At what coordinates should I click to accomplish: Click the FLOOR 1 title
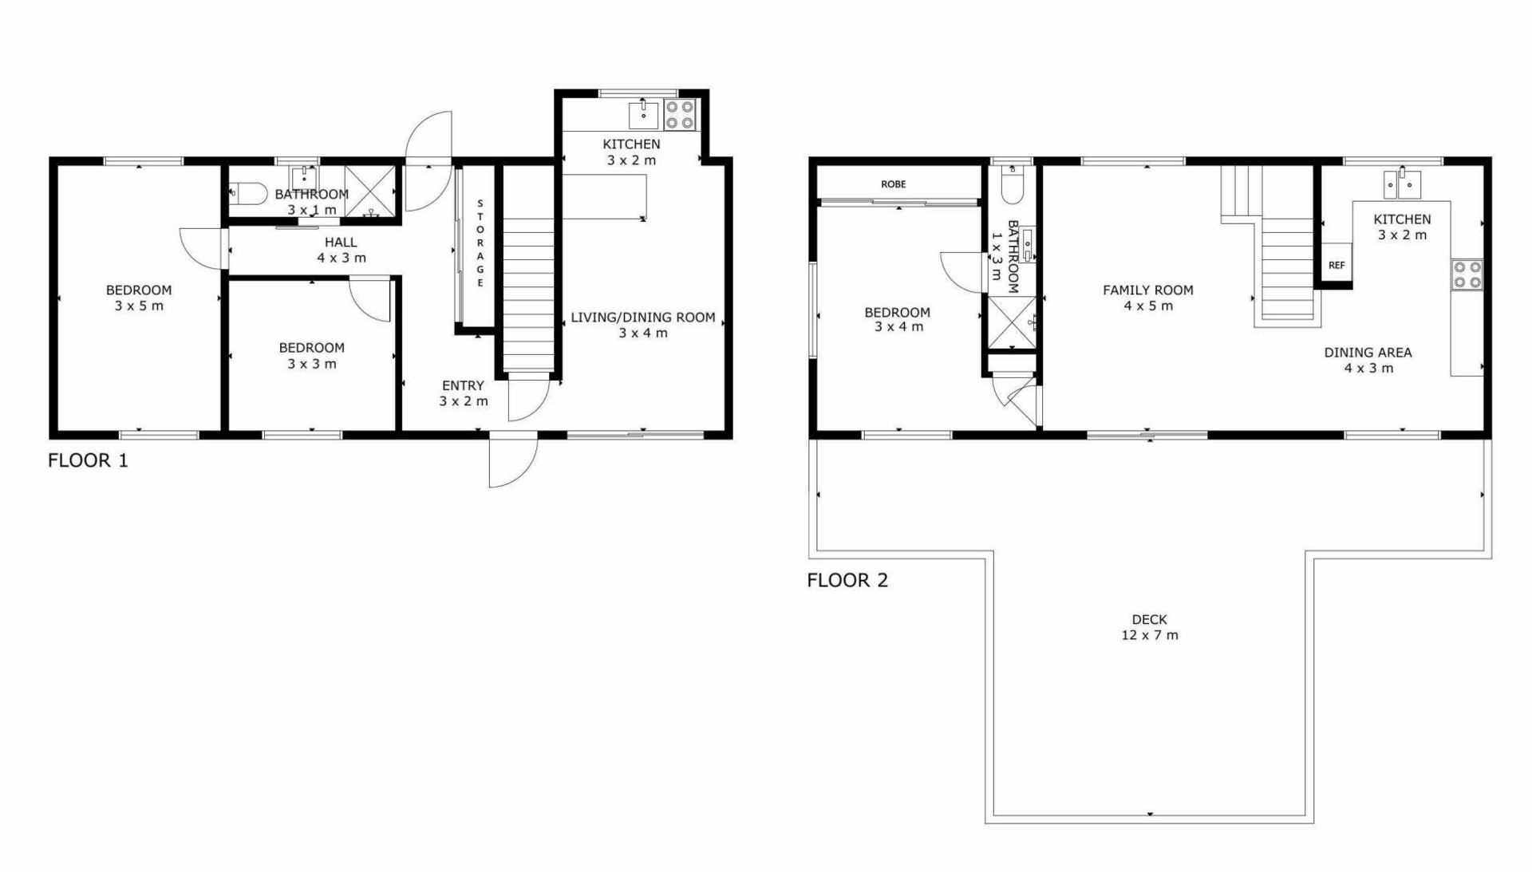point(88,460)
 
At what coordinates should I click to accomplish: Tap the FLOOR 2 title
point(847,580)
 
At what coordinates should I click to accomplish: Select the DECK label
point(1149,619)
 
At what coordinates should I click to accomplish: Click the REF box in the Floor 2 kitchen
point(1337,263)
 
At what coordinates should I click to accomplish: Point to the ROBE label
point(894,184)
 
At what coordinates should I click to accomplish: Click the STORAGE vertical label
point(480,243)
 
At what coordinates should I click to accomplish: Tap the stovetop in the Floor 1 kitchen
point(679,114)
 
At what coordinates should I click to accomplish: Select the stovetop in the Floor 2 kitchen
point(1467,274)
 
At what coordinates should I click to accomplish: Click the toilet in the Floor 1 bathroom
point(248,193)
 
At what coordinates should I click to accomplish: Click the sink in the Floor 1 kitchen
point(643,115)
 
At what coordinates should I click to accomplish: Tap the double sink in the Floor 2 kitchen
point(1402,184)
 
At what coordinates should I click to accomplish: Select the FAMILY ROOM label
point(1148,290)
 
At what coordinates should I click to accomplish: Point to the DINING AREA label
point(1368,353)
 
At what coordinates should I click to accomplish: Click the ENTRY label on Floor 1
point(463,385)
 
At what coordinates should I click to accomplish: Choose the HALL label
point(341,243)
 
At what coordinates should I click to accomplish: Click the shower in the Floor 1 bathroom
point(370,191)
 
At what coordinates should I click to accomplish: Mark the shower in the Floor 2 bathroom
point(1013,322)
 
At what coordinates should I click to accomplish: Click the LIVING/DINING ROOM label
point(643,318)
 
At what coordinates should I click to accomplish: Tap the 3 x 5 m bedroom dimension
point(139,306)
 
